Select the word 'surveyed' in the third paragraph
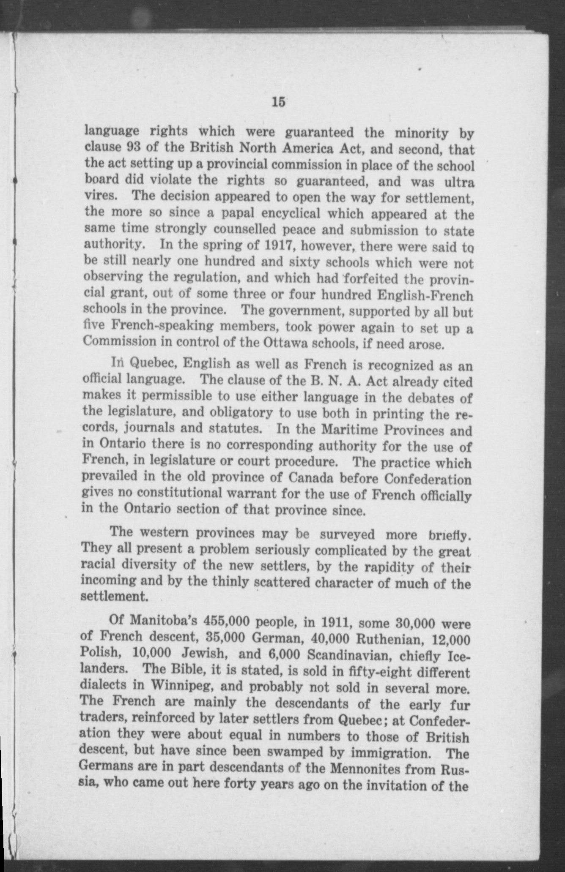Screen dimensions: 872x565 (x=347, y=534)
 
